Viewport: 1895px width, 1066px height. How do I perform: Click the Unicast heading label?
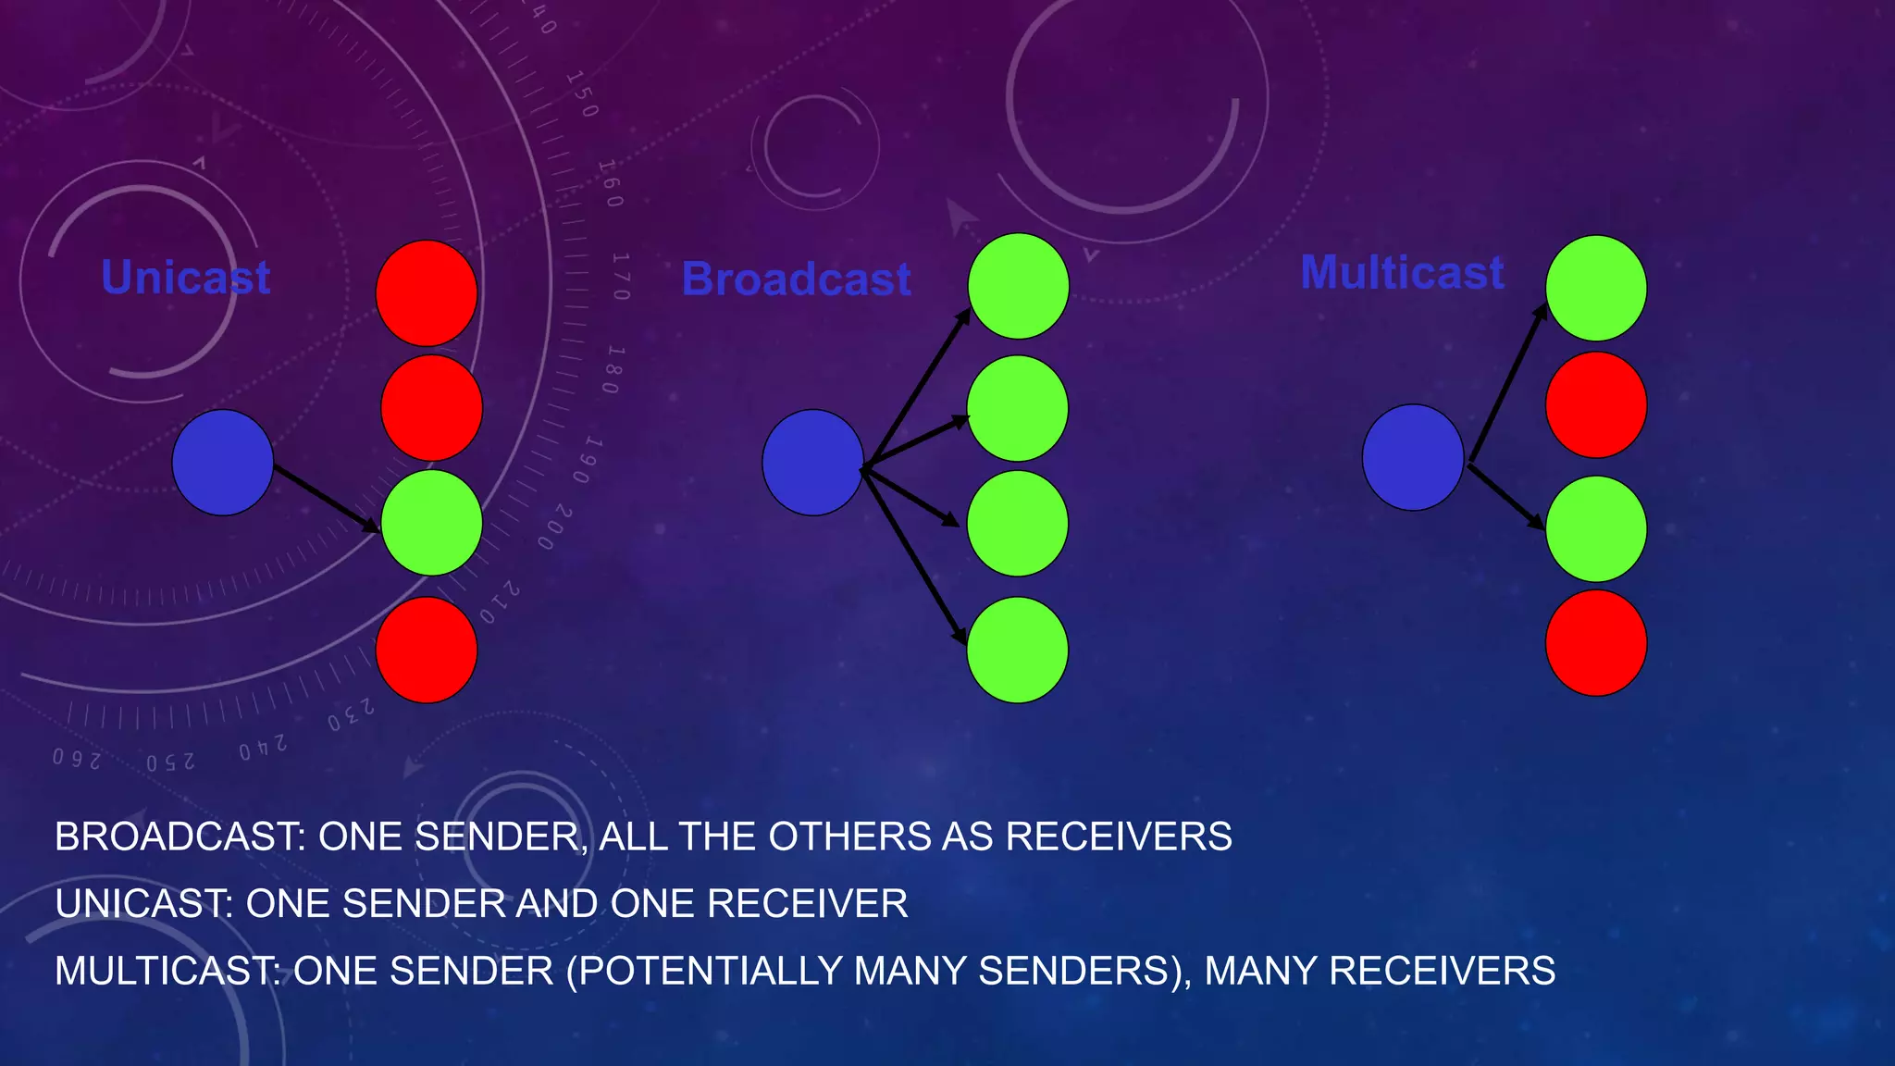tap(185, 278)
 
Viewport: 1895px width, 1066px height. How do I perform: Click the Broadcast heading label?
tap(797, 279)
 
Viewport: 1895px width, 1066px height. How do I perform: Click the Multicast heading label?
tap(1402, 273)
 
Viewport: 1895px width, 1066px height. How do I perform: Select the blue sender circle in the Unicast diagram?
tap(223, 463)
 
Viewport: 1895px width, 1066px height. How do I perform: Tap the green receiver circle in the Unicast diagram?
tap(431, 523)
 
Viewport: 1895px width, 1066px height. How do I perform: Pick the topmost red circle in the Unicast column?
tap(427, 293)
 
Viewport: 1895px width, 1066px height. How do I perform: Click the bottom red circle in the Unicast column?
tap(427, 650)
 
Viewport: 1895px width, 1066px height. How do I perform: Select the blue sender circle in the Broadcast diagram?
tap(812, 463)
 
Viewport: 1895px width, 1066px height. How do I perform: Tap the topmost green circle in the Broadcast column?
tap(1018, 286)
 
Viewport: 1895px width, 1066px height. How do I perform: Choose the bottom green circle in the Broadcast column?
tap(1017, 650)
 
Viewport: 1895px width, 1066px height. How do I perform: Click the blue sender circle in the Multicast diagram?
tap(1413, 457)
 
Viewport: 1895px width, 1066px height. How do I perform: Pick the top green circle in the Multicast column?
tap(1596, 288)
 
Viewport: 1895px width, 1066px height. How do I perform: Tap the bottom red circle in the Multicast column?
tap(1596, 642)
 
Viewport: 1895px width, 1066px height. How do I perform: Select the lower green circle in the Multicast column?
tap(1596, 528)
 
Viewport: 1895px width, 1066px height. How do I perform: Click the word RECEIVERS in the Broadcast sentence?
tap(1119, 837)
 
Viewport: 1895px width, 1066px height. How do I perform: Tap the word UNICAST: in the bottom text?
tap(144, 904)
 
